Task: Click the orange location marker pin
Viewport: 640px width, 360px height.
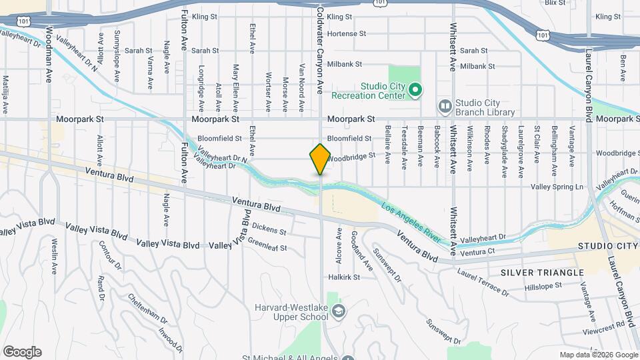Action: coord(320,159)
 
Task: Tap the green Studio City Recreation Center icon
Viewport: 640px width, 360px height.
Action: coord(415,89)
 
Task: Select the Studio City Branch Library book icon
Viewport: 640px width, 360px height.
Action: coord(445,107)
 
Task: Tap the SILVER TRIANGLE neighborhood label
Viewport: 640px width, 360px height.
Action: coord(541,273)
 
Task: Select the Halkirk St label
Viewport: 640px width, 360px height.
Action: coord(344,277)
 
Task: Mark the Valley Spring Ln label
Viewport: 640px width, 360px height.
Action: coord(557,187)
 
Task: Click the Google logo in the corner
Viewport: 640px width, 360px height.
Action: coord(22,352)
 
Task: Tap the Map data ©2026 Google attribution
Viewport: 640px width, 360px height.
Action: coord(598,355)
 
